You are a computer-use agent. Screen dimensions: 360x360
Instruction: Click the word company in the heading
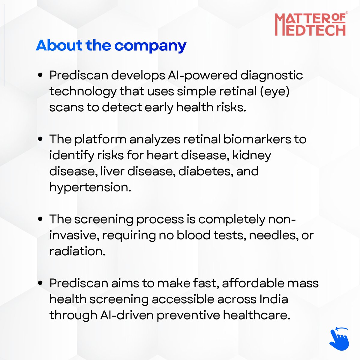coord(150,46)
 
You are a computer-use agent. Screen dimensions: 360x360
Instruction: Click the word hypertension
coord(90,187)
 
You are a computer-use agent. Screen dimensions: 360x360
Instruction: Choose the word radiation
coord(77,251)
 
